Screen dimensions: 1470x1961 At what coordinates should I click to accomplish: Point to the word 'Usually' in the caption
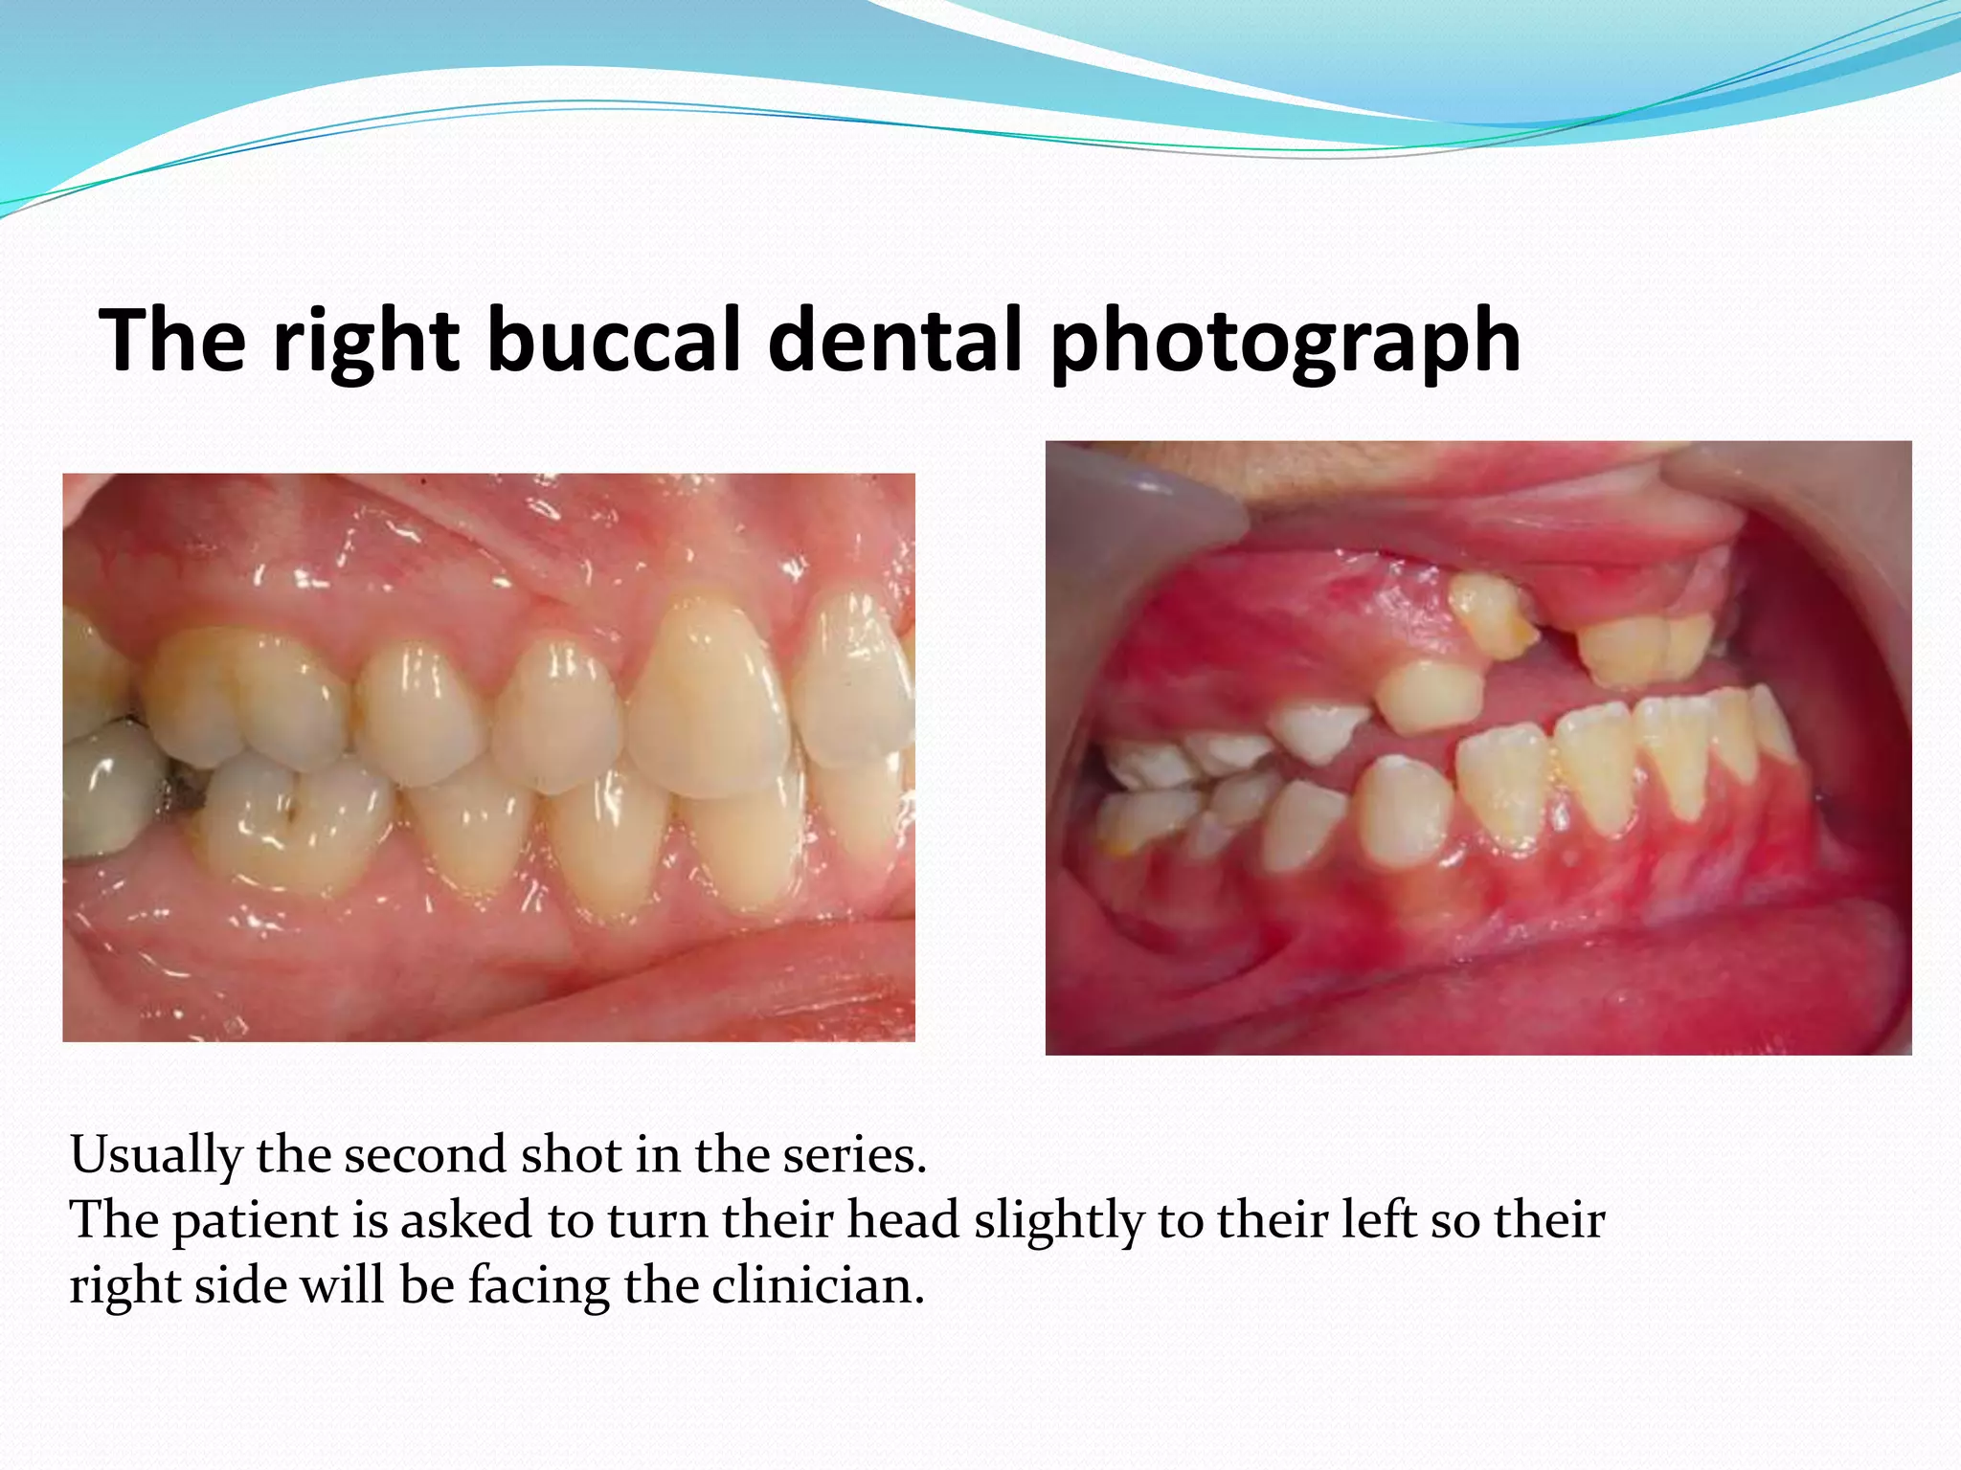pyautogui.click(x=155, y=1156)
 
